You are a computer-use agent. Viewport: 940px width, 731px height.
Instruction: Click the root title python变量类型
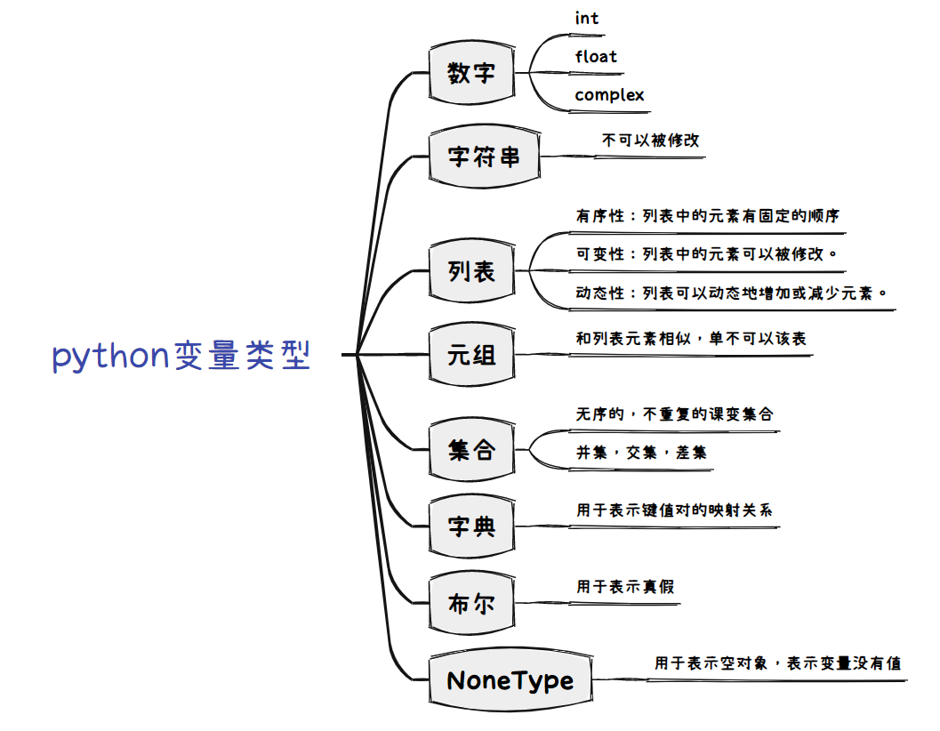point(182,356)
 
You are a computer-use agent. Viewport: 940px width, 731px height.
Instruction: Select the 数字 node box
point(471,73)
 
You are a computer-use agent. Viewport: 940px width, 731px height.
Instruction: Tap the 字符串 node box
point(484,157)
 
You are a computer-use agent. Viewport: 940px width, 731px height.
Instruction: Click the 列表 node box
point(471,270)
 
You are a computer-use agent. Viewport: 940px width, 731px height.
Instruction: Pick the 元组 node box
point(471,356)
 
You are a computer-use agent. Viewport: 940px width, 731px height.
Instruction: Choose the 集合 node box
point(471,450)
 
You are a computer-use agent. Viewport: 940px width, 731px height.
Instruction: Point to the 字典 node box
point(471,526)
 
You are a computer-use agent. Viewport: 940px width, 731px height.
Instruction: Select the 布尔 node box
point(471,604)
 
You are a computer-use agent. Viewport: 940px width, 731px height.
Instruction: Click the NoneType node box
point(510,681)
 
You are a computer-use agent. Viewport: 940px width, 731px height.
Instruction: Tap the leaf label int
point(587,19)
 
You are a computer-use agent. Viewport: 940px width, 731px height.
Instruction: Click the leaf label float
point(596,57)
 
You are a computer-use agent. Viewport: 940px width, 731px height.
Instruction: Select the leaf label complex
point(609,95)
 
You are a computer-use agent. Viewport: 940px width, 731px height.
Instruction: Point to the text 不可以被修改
point(651,141)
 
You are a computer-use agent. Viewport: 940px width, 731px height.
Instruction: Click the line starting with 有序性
point(708,216)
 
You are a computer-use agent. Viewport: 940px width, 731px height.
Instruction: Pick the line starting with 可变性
point(707,254)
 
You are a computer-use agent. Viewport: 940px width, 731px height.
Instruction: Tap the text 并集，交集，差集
point(641,453)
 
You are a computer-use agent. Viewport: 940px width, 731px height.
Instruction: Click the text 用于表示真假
point(625,587)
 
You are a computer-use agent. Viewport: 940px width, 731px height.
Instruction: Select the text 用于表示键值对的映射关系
point(675,510)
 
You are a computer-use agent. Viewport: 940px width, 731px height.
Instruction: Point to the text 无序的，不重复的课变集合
point(675,414)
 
